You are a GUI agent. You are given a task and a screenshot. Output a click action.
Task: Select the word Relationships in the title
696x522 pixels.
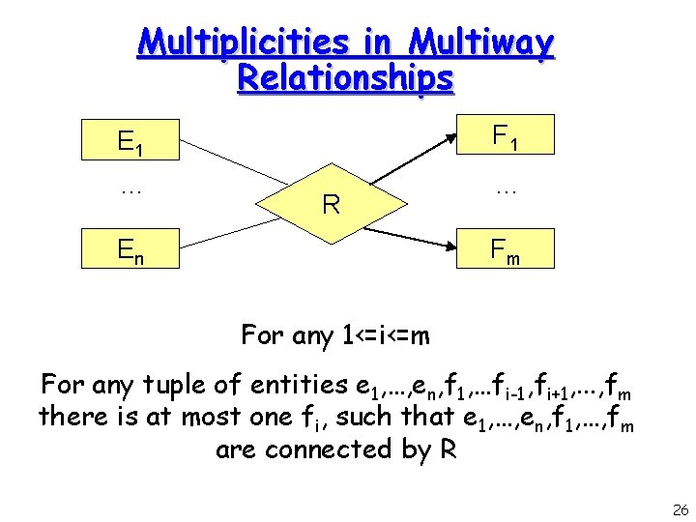point(345,77)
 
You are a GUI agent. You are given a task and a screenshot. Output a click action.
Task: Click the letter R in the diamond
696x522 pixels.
point(331,204)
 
